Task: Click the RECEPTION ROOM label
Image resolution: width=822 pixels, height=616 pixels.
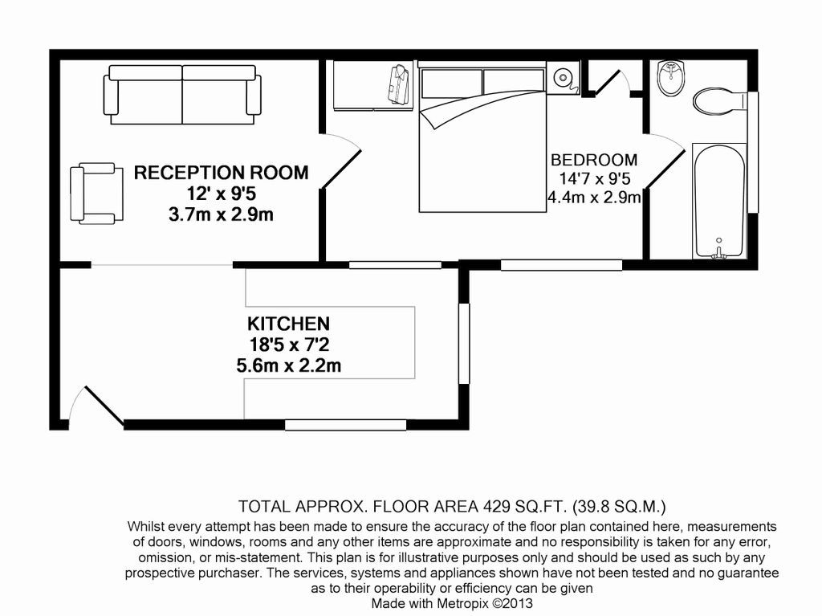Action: point(221,172)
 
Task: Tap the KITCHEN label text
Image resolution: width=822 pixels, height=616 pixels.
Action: point(287,324)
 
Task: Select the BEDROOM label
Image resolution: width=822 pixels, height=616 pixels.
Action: point(593,160)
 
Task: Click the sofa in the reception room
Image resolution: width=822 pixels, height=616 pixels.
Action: point(182,94)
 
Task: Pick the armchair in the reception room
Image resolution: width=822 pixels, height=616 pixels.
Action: point(96,194)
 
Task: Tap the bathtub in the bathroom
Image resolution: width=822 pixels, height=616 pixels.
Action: point(718,201)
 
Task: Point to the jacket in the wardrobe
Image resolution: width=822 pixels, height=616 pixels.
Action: point(398,85)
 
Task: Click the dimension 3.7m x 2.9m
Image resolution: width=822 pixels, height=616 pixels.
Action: point(221,214)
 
